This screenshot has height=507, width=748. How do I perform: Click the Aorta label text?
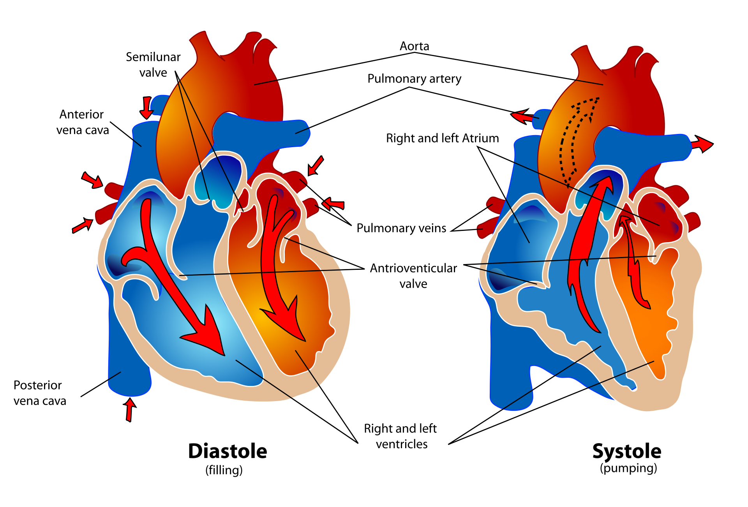(x=414, y=46)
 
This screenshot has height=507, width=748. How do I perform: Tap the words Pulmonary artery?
(x=414, y=79)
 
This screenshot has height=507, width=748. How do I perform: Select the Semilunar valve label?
(x=153, y=65)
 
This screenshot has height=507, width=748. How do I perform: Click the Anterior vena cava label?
(x=82, y=122)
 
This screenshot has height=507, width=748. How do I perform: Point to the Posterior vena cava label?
(x=39, y=393)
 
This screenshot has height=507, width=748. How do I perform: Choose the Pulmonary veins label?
(x=401, y=228)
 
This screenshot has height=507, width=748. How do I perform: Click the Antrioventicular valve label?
(x=413, y=276)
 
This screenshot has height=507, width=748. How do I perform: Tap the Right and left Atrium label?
(x=442, y=138)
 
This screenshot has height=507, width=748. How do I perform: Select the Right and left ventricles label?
(x=400, y=436)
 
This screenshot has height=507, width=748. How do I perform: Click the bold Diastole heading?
(x=228, y=451)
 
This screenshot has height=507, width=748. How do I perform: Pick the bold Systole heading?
(x=626, y=451)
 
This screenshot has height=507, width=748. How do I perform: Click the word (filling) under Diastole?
(x=224, y=470)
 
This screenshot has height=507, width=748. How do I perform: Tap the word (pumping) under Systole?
(x=628, y=468)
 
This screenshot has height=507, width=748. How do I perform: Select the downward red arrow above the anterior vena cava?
(x=146, y=107)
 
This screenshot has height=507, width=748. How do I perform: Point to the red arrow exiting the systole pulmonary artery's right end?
(x=702, y=144)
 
